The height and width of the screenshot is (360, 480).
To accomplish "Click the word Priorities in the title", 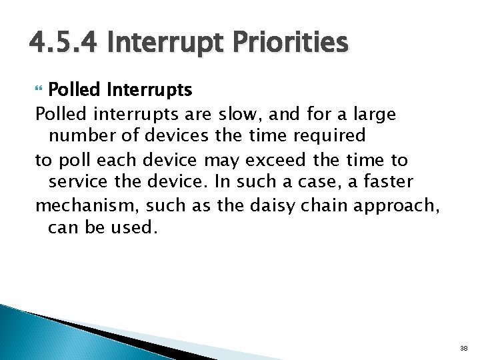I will pos(291,44).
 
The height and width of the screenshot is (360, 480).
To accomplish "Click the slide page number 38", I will pos(463,349).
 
